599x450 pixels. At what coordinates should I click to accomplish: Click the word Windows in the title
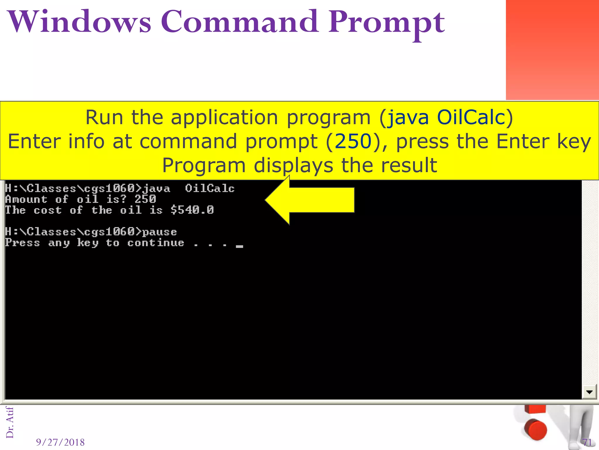80,22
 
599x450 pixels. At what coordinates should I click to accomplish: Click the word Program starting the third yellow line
204,166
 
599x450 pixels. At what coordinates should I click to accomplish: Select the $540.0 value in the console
192,210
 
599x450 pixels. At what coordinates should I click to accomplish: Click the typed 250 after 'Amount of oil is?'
145,200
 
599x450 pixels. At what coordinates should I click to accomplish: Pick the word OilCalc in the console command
210,189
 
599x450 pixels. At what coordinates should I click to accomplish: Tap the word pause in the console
160,232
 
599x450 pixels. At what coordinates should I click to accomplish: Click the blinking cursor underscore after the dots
240,246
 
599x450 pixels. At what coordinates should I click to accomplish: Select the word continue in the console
156,243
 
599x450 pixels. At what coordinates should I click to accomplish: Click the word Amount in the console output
26,200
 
